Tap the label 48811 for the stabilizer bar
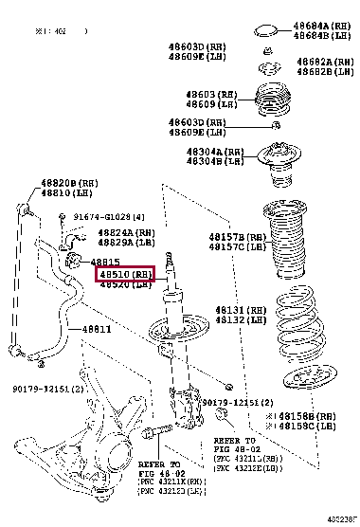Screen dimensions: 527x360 [95, 329]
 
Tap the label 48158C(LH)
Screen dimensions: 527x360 [305, 426]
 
